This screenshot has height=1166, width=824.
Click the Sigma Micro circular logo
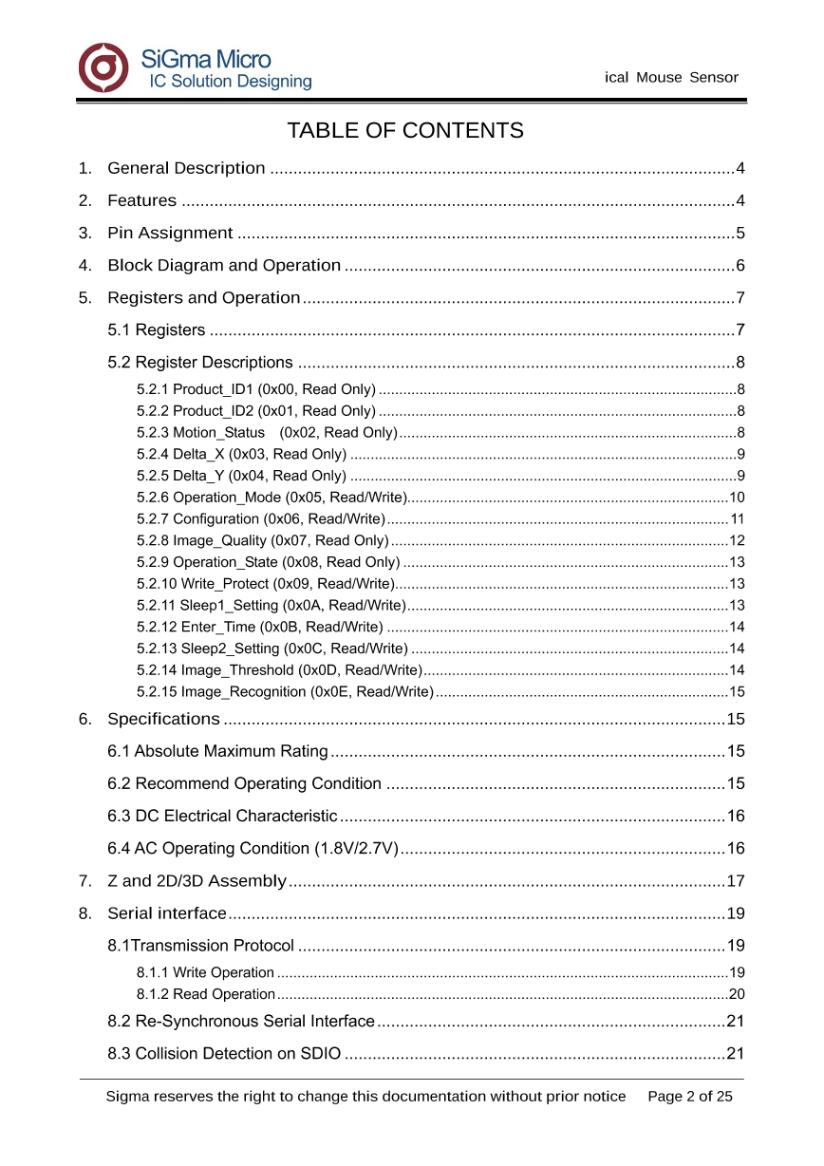103,67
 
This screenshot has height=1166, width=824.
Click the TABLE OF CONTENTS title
405,130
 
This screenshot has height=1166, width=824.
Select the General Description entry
186,169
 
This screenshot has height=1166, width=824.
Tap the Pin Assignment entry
170,234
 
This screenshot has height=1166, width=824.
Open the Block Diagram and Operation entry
224,266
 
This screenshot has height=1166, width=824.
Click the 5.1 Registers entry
157,330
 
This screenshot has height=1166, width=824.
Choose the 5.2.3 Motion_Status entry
267,433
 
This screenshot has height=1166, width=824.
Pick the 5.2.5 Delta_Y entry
241,476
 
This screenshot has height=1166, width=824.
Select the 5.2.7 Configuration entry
260,518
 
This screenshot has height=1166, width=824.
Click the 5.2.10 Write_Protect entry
265,583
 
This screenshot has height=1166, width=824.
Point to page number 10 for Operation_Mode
737,498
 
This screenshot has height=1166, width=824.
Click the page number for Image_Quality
737,540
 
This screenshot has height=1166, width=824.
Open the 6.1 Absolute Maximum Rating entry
217,752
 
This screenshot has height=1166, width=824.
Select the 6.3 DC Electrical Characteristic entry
222,817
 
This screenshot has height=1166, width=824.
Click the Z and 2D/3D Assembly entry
197,881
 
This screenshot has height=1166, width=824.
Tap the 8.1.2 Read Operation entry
206,994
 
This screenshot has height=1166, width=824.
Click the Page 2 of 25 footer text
690,1097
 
